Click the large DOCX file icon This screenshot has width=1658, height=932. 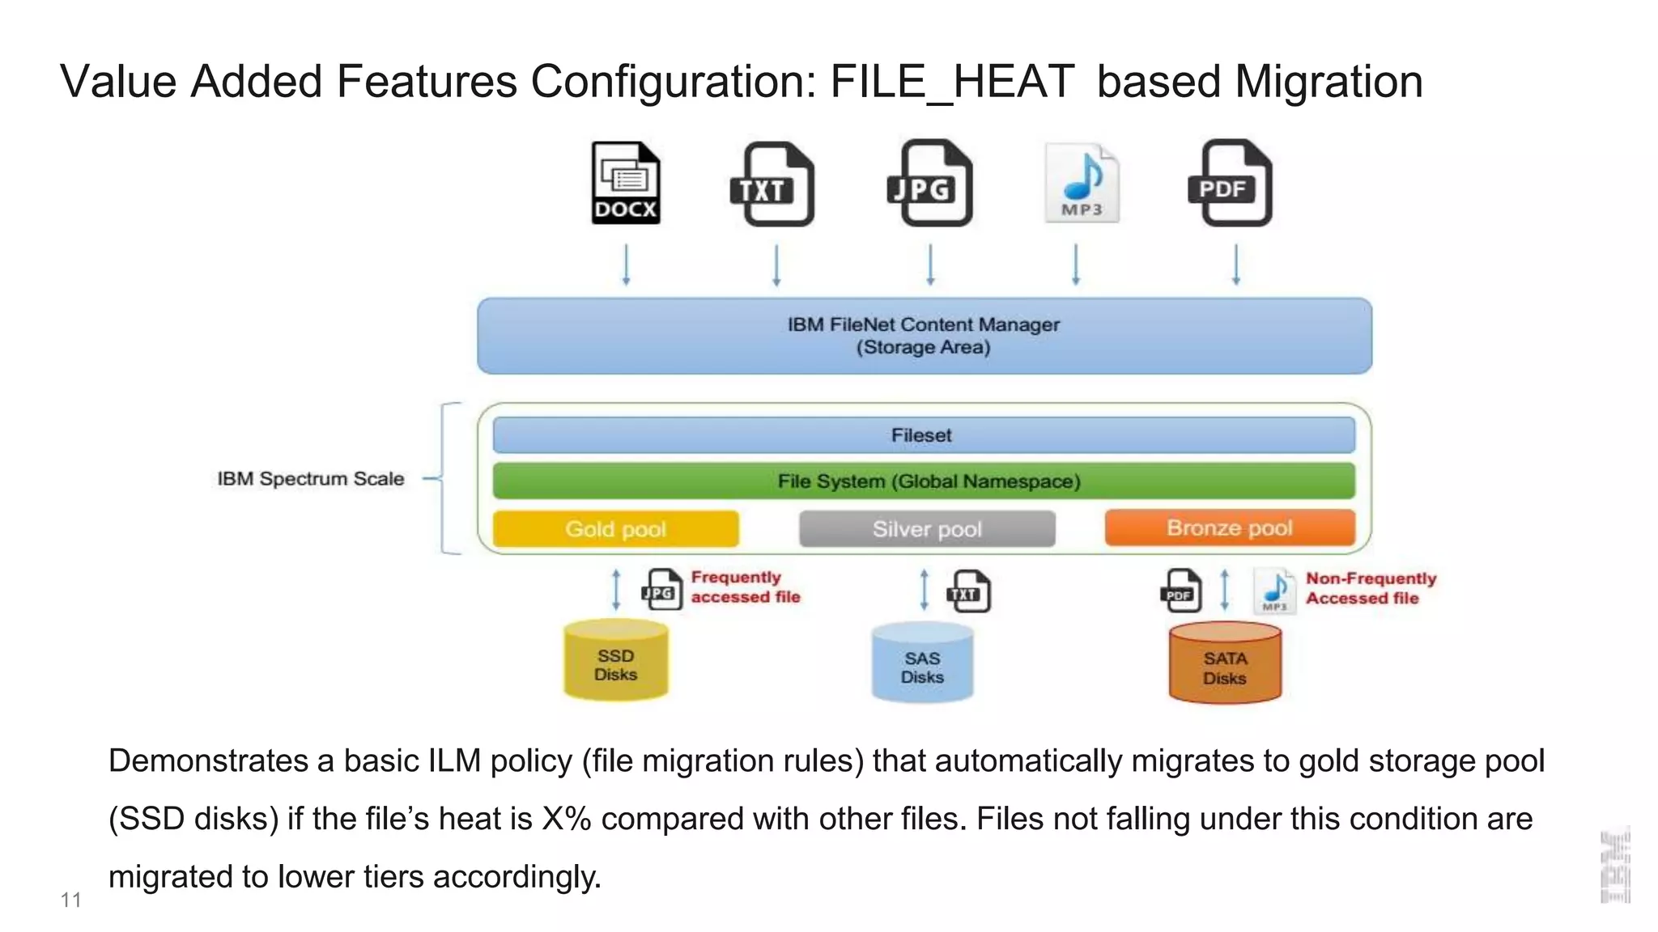pos(625,184)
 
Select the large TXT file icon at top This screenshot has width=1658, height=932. pos(773,184)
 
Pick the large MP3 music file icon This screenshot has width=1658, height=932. pos(1082,184)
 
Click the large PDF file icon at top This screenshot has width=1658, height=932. pos(1231,184)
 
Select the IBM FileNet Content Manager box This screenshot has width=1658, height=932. pos(924,336)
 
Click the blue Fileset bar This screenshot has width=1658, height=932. pos(924,435)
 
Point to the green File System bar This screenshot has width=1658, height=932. pos(924,481)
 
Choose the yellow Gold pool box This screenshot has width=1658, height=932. pos(615,529)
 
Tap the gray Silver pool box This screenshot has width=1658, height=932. pos(927,529)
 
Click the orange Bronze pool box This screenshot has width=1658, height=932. pos(1229,527)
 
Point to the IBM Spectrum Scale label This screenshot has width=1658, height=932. pos(310,479)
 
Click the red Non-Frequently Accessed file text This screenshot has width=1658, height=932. pos(1370,588)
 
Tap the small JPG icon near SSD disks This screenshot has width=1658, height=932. pos(661,590)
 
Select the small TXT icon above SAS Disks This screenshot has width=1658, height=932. pos(968,591)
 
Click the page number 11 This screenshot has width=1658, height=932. pos(70,900)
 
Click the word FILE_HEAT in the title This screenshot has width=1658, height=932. pos(952,83)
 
